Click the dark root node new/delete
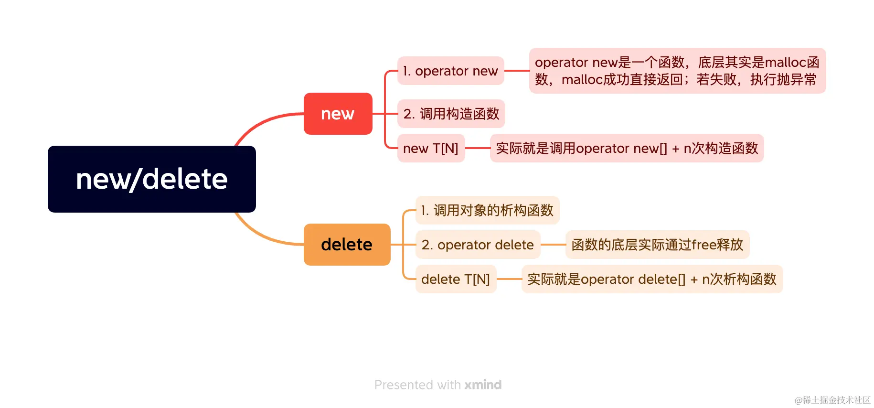coord(151,179)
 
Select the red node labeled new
coord(338,114)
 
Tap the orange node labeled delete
coord(347,245)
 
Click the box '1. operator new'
coord(450,71)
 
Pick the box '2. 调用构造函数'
coord(451,114)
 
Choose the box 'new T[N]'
coord(431,148)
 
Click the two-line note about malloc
coord(677,71)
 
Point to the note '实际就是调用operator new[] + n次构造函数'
coord(627,148)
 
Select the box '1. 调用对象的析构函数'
coord(487,210)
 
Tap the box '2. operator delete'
coord(478,245)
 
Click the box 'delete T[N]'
coord(456,279)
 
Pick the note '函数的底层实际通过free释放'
coord(657,245)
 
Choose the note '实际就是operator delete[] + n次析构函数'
coord(652,279)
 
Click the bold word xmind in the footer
coord(483,385)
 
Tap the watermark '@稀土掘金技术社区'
coord(832,400)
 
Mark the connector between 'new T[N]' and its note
coord(478,148)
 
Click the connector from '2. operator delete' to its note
coord(553,245)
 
